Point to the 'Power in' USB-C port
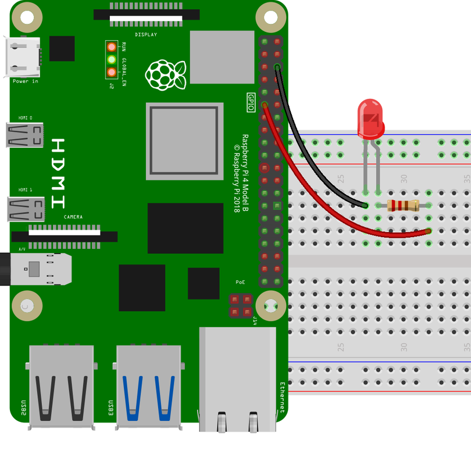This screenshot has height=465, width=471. click(x=23, y=57)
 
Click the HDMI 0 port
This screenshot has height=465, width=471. click(x=25, y=135)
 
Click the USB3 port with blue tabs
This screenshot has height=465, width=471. click(x=149, y=387)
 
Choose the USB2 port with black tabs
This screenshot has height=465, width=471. click(x=61, y=387)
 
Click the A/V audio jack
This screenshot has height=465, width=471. click(x=35, y=269)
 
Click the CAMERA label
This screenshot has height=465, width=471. click(x=73, y=217)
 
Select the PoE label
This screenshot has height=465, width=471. click(x=240, y=282)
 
